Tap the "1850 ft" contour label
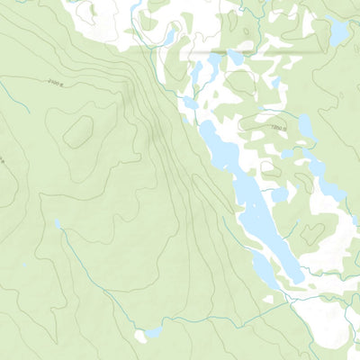pyautogui.click(x=278, y=128)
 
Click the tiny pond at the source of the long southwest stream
pyautogui.click(x=58, y=223)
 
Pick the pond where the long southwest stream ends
pyautogui.click(x=141, y=334)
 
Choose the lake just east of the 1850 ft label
pyautogui.click(x=306, y=128)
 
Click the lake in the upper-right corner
pyautogui.click(x=338, y=32)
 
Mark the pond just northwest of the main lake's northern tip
pyautogui.click(x=191, y=103)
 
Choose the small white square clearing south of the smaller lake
pyautogui.click(x=271, y=298)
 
